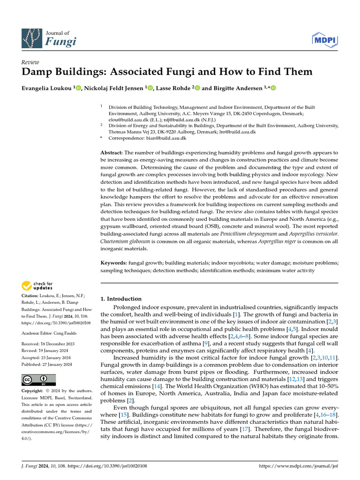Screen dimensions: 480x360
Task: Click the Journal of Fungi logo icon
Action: (31, 40)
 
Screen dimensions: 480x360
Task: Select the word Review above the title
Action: (30, 62)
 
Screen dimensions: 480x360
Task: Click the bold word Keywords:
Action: (114, 263)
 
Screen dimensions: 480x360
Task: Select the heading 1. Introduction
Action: (121, 299)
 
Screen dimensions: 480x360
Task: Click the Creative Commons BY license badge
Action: (38, 380)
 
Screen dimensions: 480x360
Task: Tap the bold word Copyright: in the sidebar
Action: (32, 391)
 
